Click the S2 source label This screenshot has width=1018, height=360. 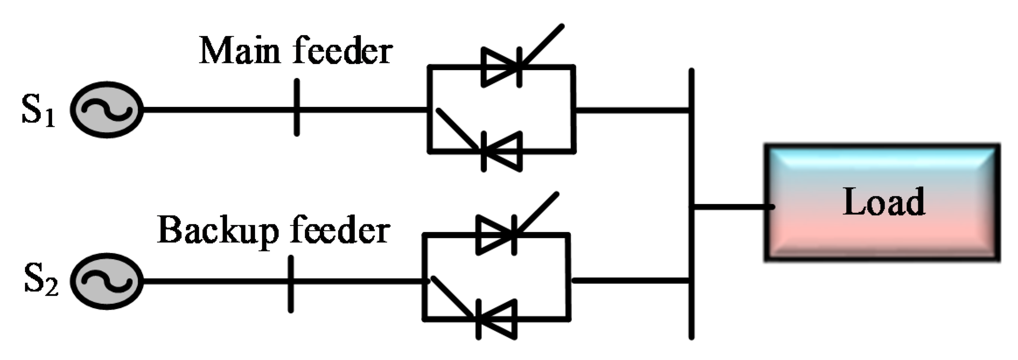pos(40,281)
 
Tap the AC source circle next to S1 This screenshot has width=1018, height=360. pos(107,109)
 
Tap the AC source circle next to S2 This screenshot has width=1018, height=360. pos(107,281)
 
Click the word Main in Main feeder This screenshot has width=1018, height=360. pos(239,51)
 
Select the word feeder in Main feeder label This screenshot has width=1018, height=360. pos(343,51)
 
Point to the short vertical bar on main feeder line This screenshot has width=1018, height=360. pos(297,107)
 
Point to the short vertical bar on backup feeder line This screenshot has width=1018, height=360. pos(291,284)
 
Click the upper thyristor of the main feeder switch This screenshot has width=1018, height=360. pos(501,67)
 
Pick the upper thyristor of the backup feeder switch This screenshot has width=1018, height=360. pos(496,235)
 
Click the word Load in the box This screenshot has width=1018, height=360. pos(883,202)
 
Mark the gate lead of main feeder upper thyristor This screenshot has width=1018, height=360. pos(542,44)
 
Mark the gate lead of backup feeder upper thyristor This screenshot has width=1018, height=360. pos(537,212)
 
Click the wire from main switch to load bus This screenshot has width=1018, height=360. pos(632,110)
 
